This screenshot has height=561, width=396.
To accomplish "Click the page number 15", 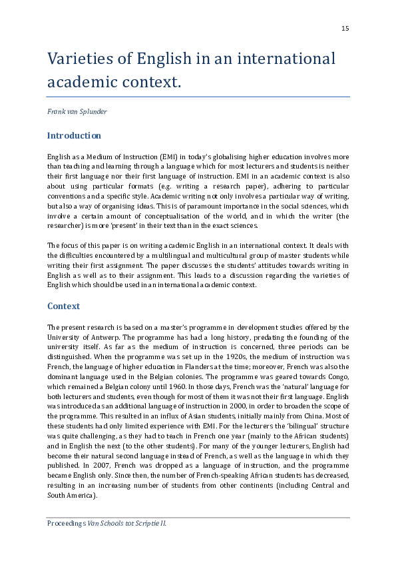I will click(345, 29).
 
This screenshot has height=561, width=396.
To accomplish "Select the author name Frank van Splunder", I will click(77, 111).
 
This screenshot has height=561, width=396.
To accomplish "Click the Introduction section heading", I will click(74, 136).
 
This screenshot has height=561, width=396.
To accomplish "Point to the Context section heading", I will click(63, 306).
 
